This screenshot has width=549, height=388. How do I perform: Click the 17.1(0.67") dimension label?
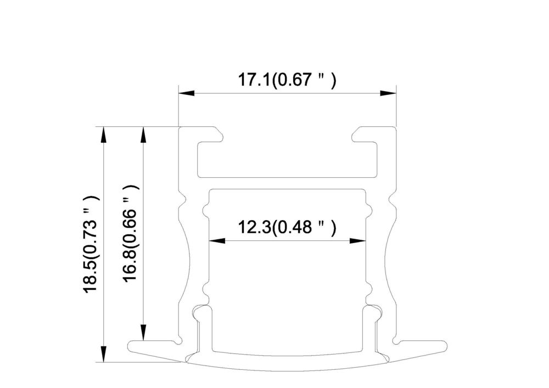point(287,80)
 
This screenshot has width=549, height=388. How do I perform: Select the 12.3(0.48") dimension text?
point(287,227)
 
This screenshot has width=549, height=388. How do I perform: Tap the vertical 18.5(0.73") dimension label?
point(91,244)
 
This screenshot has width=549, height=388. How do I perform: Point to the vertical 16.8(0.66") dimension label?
point(131,234)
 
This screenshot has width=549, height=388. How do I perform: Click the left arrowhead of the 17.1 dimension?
point(187,93)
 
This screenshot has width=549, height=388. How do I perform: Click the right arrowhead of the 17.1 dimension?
point(388,93)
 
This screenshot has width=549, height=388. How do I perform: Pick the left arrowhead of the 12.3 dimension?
point(217,241)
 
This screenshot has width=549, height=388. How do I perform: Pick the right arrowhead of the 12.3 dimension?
point(358,241)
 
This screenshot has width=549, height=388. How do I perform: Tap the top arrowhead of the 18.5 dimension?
point(103,134)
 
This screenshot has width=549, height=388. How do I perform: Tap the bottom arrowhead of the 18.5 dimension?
point(103,354)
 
